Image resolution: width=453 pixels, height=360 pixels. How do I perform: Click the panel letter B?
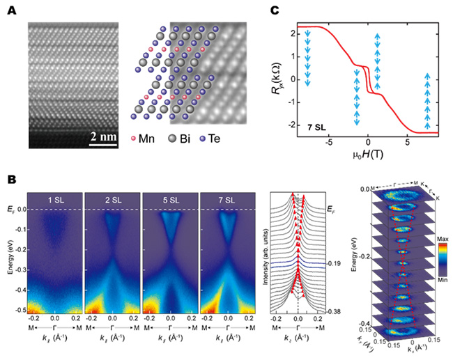pyautogui.click(x=12, y=179)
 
